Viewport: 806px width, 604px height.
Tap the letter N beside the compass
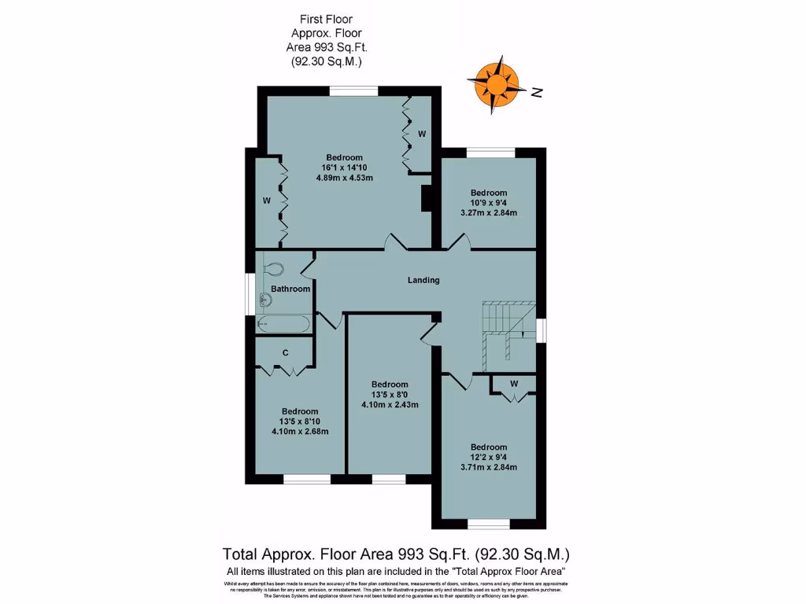click(x=538, y=93)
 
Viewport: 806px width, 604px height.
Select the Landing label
click(x=423, y=280)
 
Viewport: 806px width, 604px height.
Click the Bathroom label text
click(x=290, y=289)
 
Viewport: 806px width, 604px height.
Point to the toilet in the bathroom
click(x=272, y=268)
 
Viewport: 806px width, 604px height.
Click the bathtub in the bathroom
click(x=283, y=323)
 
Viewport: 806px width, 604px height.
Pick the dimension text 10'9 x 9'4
click(x=489, y=203)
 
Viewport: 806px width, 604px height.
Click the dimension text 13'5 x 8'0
click(x=390, y=395)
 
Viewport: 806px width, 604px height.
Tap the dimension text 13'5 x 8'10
click(x=300, y=422)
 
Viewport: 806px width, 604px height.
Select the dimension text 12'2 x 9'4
click(x=489, y=458)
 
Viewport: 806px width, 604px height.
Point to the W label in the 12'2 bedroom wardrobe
click(x=513, y=384)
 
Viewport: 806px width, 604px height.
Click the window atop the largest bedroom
click(x=353, y=90)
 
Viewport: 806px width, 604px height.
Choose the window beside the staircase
click(x=542, y=330)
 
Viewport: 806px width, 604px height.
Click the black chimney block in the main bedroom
click(x=427, y=197)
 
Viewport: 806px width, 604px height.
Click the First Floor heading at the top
click(x=327, y=19)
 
